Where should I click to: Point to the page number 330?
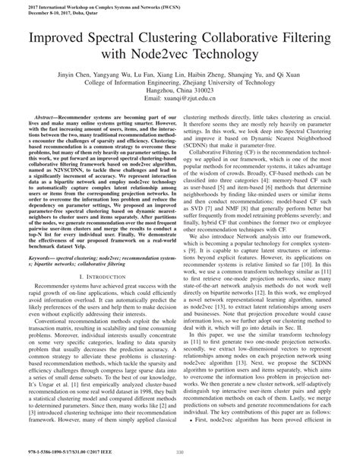coord(180,456)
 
